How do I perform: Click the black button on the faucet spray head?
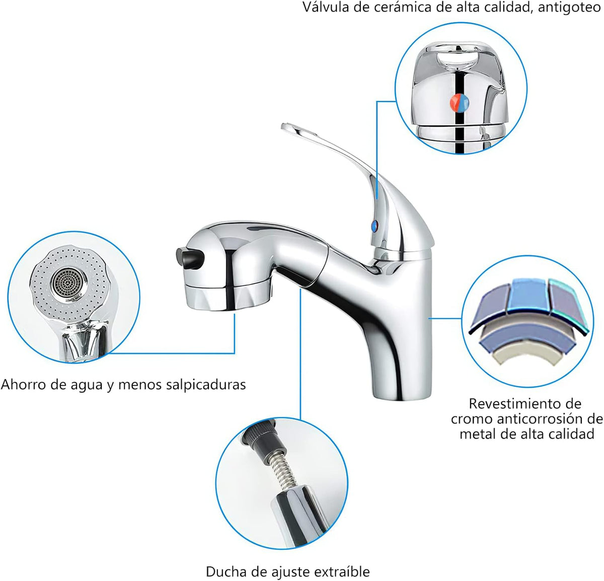tap(189, 258)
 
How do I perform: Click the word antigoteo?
tap(569, 8)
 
